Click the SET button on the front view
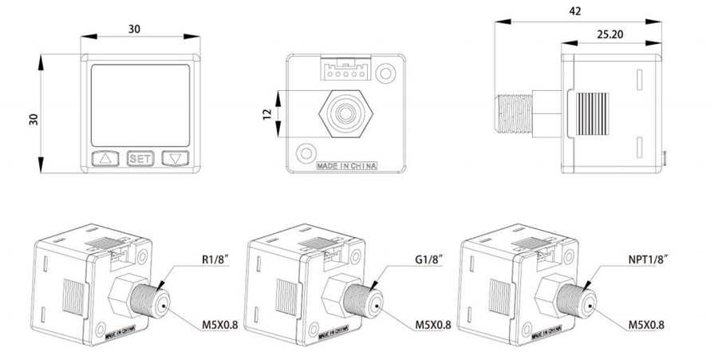click(x=140, y=159)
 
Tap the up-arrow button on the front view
click(x=105, y=159)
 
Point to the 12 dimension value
click(x=267, y=113)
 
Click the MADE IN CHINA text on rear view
click(x=346, y=167)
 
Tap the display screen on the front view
click(x=140, y=103)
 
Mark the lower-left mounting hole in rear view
click(x=305, y=152)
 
